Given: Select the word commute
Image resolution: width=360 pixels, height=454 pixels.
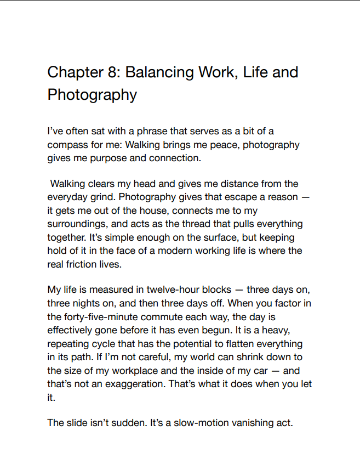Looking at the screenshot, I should tap(174, 316).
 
